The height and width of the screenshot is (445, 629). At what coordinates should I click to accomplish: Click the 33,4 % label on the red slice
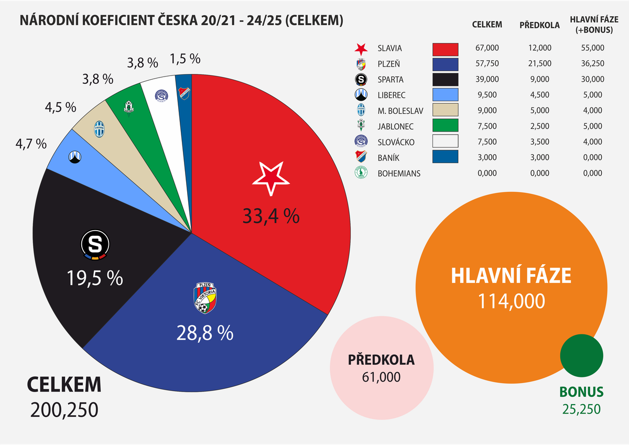270,215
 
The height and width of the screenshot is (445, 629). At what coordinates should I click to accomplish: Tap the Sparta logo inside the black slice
95,245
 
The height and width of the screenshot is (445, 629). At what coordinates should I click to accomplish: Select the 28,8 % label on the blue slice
204,332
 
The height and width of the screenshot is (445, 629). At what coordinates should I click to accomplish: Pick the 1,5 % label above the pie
185,58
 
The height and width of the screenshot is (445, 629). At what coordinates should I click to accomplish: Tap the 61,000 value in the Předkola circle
381,377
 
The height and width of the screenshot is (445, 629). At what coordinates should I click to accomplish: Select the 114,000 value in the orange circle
511,301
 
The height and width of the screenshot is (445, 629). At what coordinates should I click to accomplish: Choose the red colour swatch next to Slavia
445,49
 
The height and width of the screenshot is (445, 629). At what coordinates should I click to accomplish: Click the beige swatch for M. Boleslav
445,110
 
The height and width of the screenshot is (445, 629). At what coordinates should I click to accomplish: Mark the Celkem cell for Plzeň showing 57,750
487,64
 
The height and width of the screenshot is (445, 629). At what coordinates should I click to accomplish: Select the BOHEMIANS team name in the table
399,173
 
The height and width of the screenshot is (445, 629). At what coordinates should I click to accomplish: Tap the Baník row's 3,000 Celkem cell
487,157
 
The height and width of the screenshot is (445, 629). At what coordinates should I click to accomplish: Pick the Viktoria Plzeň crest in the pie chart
205,298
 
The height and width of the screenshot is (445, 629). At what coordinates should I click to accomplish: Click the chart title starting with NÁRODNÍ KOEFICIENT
181,20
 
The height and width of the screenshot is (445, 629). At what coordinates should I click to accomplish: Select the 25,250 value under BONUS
581,409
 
